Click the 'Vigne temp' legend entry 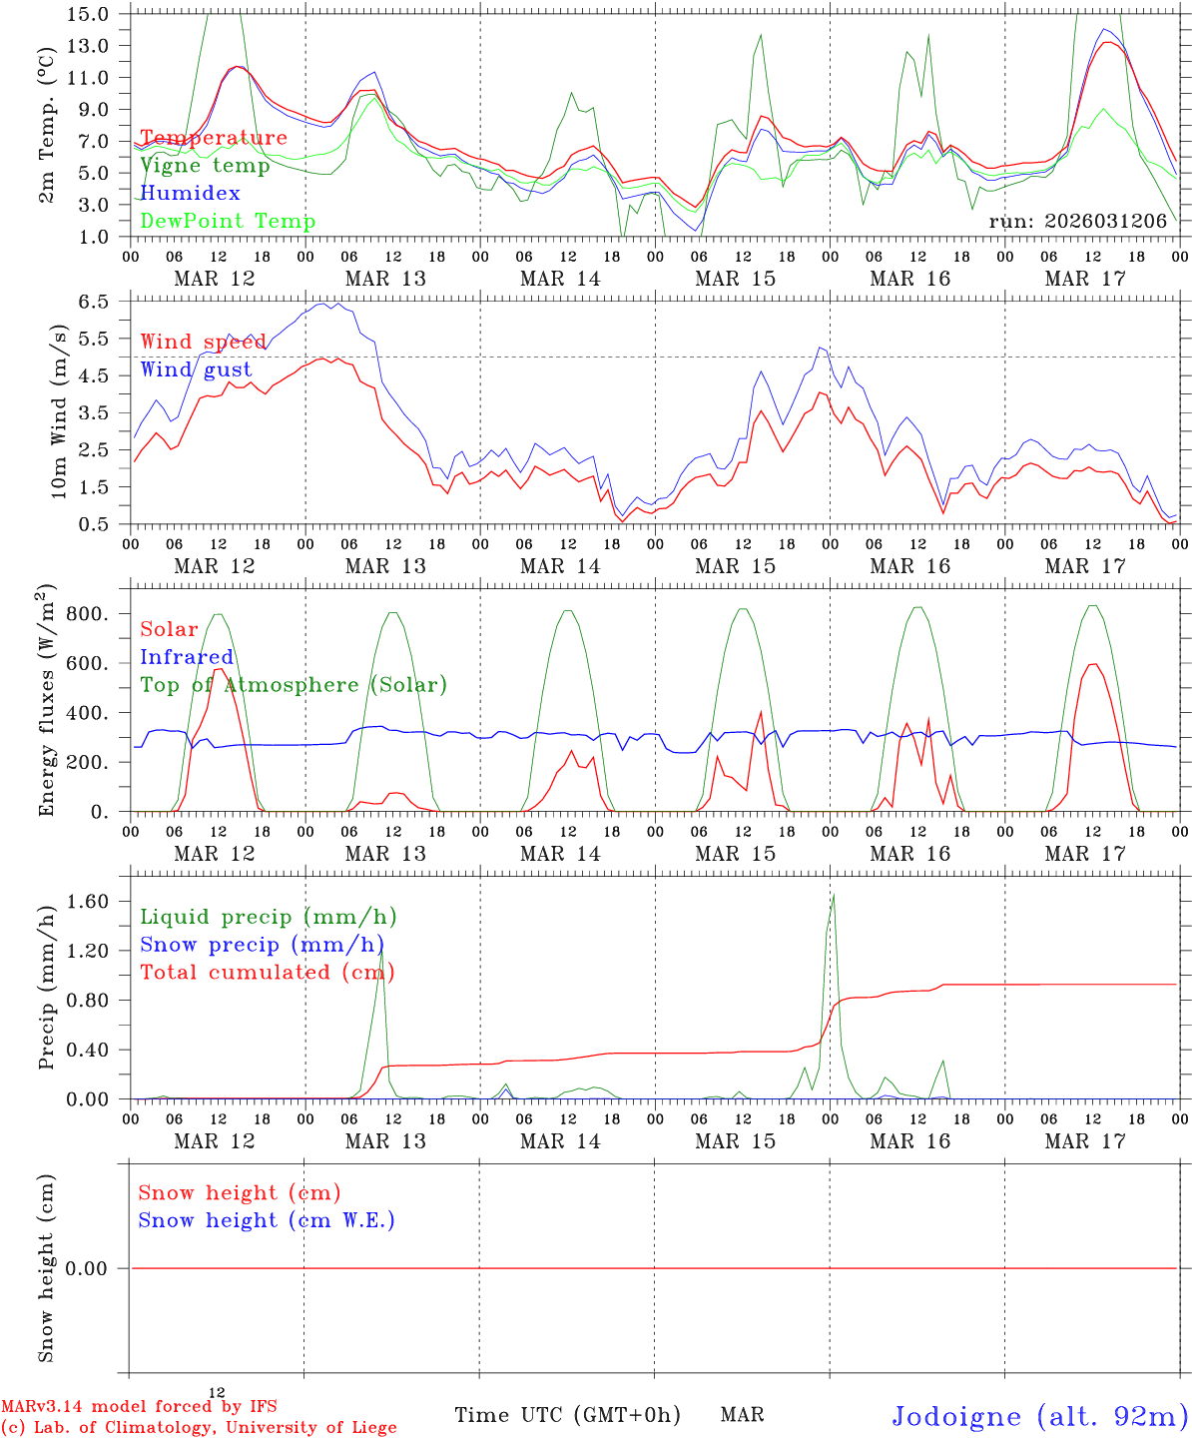click(205, 166)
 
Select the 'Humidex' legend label click(190, 194)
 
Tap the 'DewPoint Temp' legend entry click(228, 222)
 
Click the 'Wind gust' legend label click(196, 369)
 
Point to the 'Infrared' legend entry click(187, 657)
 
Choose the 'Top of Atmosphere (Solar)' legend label click(294, 685)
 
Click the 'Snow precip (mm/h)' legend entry click(262, 945)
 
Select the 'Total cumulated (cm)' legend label click(268, 973)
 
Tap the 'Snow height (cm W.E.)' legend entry click(267, 1220)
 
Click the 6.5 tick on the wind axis click(93, 302)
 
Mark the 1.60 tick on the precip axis click(88, 902)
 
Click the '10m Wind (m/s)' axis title click(59, 411)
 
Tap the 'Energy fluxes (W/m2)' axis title click(47, 702)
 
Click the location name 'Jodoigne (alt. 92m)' click(1039, 1416)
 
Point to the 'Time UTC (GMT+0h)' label click(567, 1415)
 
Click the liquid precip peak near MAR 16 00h click(834, 896)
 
